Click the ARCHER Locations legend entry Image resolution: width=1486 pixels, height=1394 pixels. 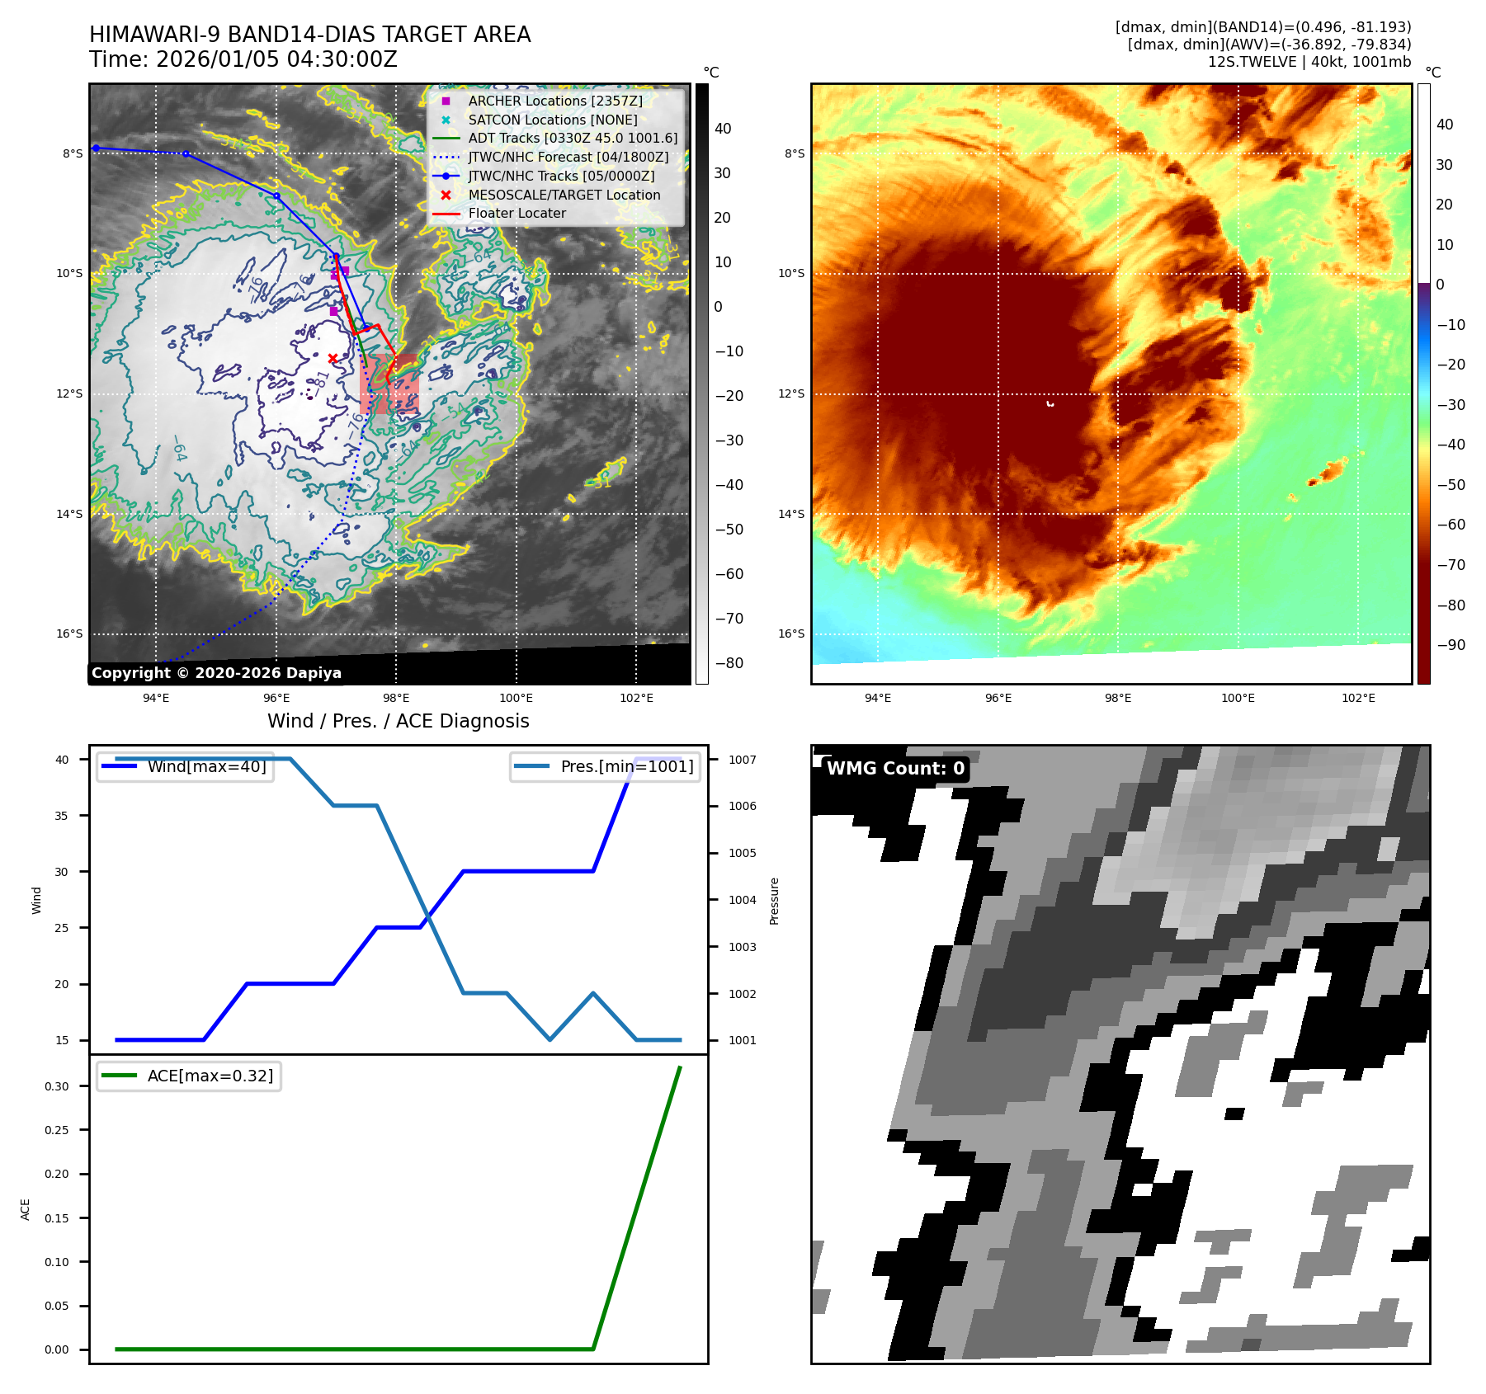coord(554,101)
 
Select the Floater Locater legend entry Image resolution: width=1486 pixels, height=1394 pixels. coord(517,213)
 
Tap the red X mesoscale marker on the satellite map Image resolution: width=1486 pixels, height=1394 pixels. coord(333,358)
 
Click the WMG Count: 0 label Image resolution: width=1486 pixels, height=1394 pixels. coord(894,768)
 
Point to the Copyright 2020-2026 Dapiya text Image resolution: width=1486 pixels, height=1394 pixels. coord(216,673)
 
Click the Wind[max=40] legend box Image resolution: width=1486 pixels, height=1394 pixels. coord(185,766)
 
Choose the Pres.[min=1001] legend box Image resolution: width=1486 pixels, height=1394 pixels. coord(605,766)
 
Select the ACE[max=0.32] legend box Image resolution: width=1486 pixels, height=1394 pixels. coord(189,1076)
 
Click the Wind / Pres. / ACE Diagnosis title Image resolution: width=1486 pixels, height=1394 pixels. coord(398,721)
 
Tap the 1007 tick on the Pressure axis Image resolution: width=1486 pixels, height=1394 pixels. coord(742,760)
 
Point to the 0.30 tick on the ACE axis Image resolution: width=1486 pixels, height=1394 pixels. coord(57,1086)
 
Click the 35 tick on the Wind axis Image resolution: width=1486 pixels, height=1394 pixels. coord(62,816)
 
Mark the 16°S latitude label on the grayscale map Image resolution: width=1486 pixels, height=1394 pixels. coord(69,633)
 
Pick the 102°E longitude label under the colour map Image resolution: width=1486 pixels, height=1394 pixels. coord(1358,698)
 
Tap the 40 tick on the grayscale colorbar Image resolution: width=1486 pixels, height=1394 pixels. coord(723,128)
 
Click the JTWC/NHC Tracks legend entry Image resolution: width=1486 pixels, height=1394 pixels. coord(561,176)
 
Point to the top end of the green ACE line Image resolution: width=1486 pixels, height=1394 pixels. coord(680,1067)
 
